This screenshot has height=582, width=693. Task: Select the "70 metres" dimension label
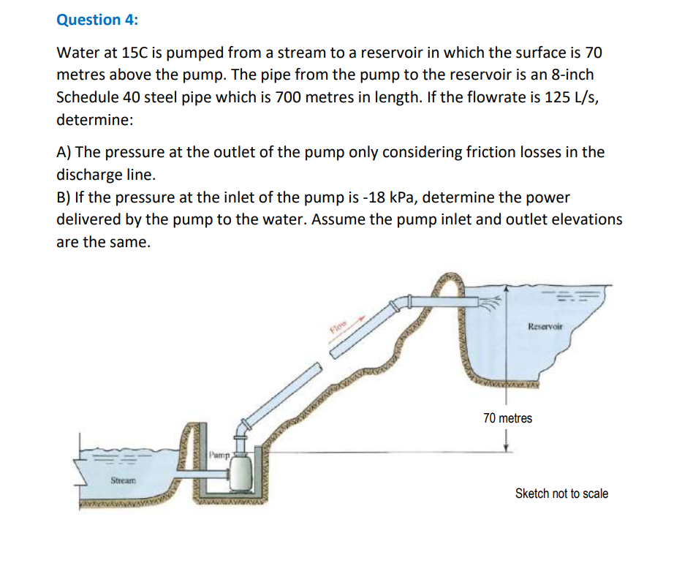click(507, 418)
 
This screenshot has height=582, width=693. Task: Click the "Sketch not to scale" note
click(561, 494)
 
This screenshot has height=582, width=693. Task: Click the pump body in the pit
click(241, 472)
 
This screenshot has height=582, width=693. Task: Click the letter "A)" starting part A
click(64, 152)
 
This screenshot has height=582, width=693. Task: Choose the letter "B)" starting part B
click(64, 197)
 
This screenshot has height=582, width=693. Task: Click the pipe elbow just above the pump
click(241, 427)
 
